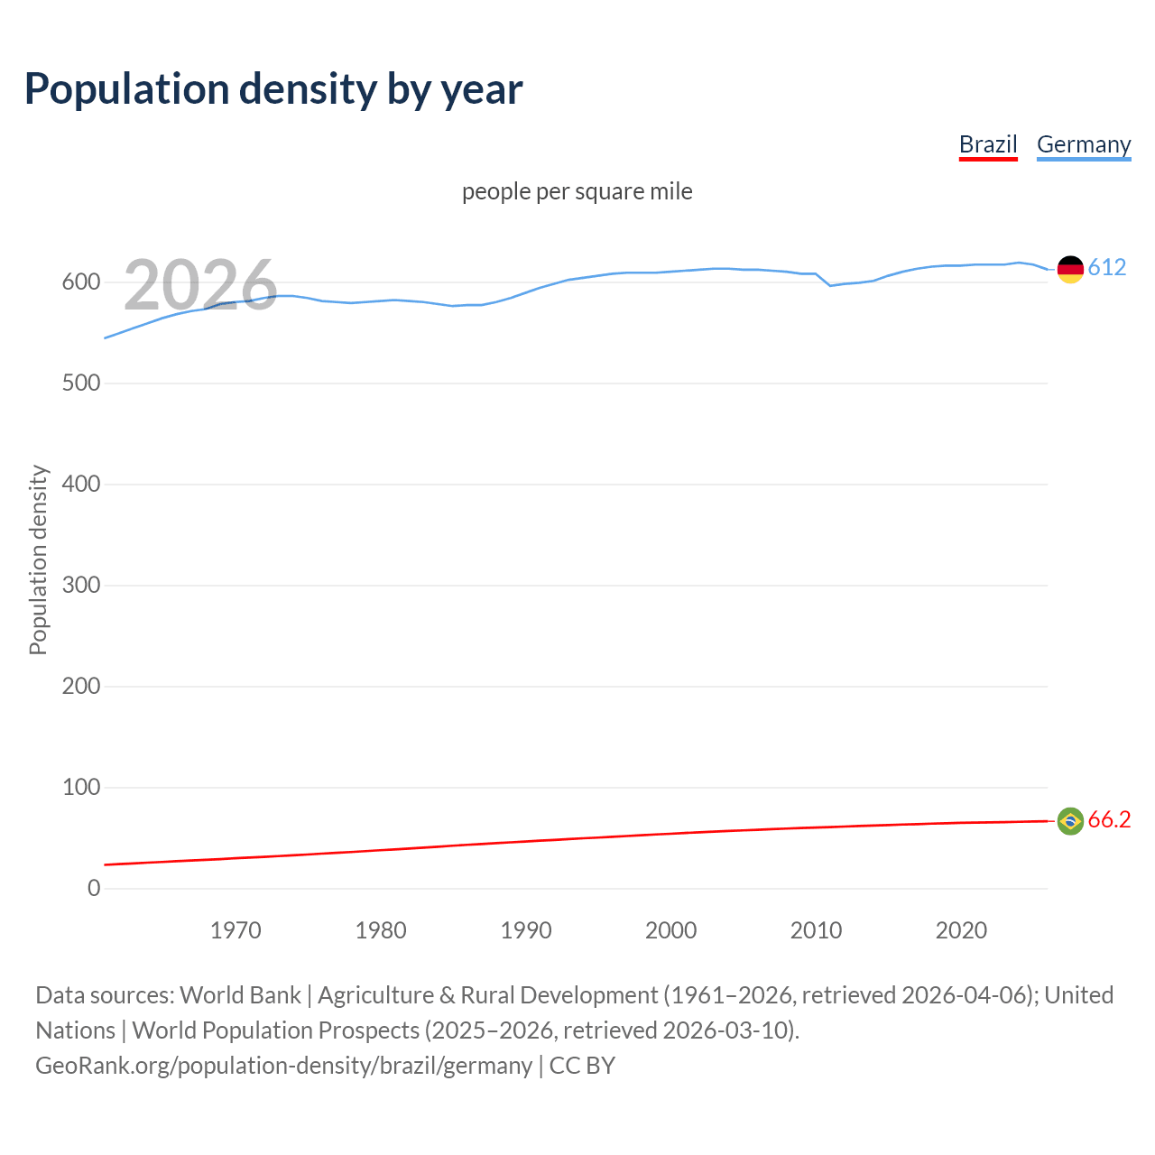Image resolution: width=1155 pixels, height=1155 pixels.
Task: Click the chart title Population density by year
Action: (273, 89)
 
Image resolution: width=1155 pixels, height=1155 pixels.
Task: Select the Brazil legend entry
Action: (988, 144)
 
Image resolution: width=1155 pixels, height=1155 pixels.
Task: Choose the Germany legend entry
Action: (1083, 144)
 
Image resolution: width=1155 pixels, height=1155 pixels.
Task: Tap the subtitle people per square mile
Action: (577, 191)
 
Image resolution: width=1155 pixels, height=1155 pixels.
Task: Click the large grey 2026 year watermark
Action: (200, 285)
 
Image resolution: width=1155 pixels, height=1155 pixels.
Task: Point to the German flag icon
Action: (1070, 269)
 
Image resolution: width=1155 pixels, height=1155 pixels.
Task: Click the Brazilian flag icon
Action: (1070, 820)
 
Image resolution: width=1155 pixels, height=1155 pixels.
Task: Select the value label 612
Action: (1107, 267)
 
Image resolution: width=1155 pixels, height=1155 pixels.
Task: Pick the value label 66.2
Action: (1109, 819)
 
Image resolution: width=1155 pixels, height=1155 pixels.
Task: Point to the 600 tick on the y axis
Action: (81, 282)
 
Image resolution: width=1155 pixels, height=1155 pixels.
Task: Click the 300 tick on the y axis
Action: (81, 586)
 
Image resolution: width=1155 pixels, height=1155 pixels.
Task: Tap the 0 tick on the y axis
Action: (94, 889)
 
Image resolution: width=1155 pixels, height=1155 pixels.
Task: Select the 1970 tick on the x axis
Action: (236, 930)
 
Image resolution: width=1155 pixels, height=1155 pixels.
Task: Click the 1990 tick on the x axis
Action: (526, 930)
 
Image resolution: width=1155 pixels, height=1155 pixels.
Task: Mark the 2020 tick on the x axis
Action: (961, 930)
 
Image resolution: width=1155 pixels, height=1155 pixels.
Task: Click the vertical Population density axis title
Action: (38, 559)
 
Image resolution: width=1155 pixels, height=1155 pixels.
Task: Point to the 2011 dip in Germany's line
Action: (830, 285)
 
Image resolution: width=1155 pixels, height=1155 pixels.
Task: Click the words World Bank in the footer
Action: (240, 995)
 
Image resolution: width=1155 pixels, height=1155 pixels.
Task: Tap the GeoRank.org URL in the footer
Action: (283, 1066)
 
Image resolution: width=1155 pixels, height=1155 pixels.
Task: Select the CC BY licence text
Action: (582, 1066)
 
